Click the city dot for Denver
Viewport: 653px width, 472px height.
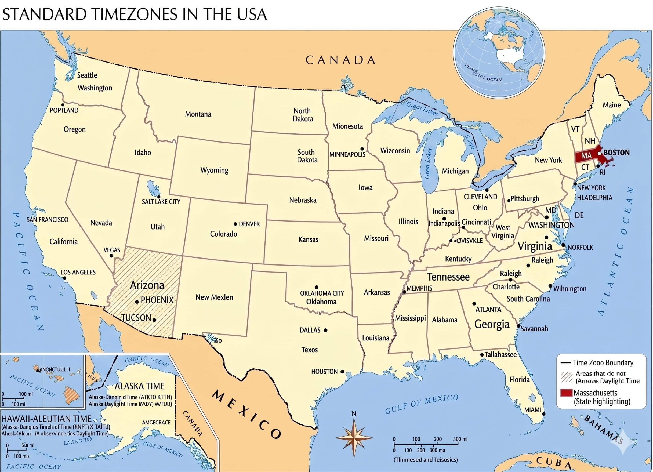click(235, 224)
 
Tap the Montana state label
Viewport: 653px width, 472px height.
click(198, 114)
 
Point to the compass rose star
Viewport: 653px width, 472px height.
click(354, 438)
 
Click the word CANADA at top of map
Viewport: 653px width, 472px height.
click(340, 60)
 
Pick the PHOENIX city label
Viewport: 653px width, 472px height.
click(157, 300)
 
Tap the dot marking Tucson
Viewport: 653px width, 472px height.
click(154, 320)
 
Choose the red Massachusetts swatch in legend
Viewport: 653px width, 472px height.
click(566, 393)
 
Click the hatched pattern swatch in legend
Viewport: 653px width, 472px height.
click(566, 377)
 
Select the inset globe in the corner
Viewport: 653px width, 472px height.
click(499, 52)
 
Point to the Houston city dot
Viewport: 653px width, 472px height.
click(342, 372)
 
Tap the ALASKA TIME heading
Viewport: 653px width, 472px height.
click(140, 386)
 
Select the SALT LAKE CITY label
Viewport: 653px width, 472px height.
click(161, 202)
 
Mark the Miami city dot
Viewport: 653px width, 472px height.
click(544, 414)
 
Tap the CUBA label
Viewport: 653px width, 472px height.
click(553, 462)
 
